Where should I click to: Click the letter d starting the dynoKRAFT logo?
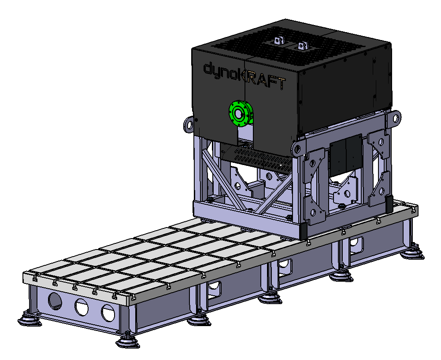click(x=208, y=68)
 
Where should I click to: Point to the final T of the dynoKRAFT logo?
click(x=281, y=84)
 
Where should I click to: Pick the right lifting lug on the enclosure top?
click(x=303, y=45)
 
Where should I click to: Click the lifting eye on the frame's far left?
click(x=189, y=124)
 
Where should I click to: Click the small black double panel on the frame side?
click(x=346, y=155)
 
